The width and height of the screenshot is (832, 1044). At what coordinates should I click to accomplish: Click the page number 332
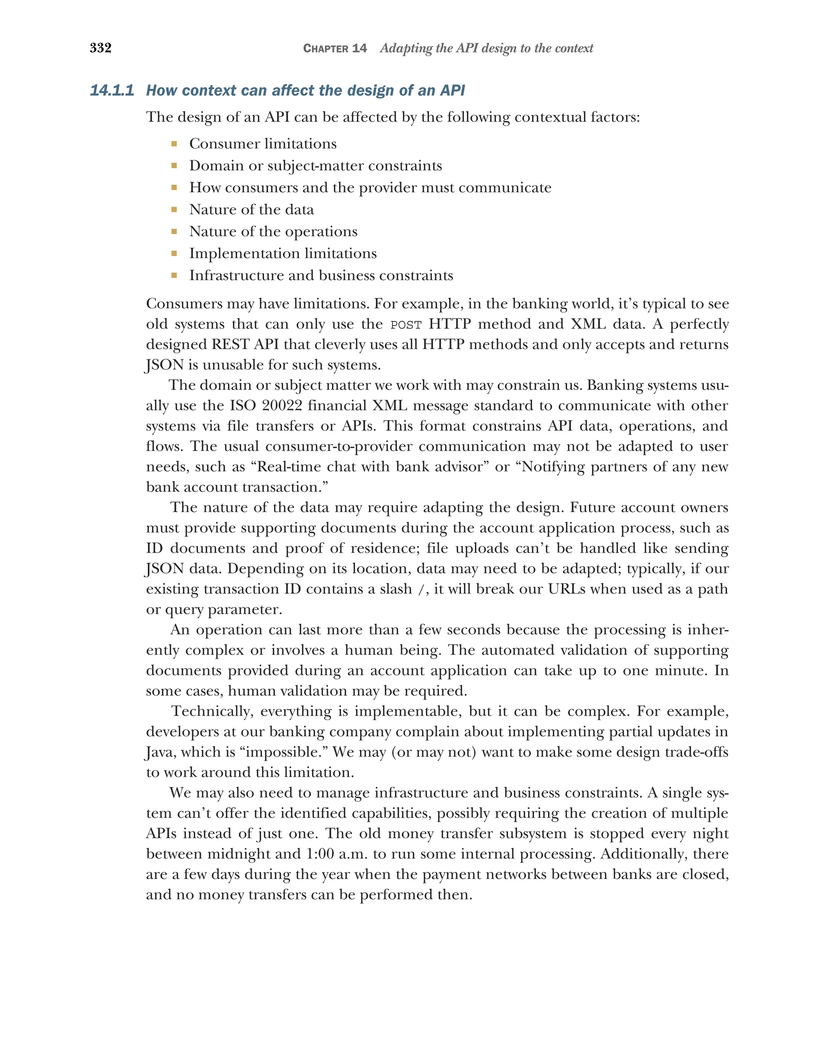[101, 48]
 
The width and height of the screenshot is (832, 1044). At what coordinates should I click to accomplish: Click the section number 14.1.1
[112, 91]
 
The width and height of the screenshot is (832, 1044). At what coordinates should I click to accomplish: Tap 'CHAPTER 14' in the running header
[334, 48]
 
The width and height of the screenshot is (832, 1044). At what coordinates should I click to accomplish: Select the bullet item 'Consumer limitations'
[262, 144]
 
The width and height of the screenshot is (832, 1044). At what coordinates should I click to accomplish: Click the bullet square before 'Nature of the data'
[174, 210]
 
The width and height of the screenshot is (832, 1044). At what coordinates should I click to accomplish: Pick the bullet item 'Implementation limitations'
[283, 254]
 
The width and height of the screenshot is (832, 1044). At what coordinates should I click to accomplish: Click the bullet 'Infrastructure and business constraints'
[321, 276]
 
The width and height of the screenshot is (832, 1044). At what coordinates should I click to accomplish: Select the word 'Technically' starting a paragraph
[213, 711]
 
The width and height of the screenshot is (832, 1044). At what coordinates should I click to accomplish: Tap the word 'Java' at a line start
[160, 752]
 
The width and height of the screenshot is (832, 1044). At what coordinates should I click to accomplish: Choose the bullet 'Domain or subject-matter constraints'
[315, 166]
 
